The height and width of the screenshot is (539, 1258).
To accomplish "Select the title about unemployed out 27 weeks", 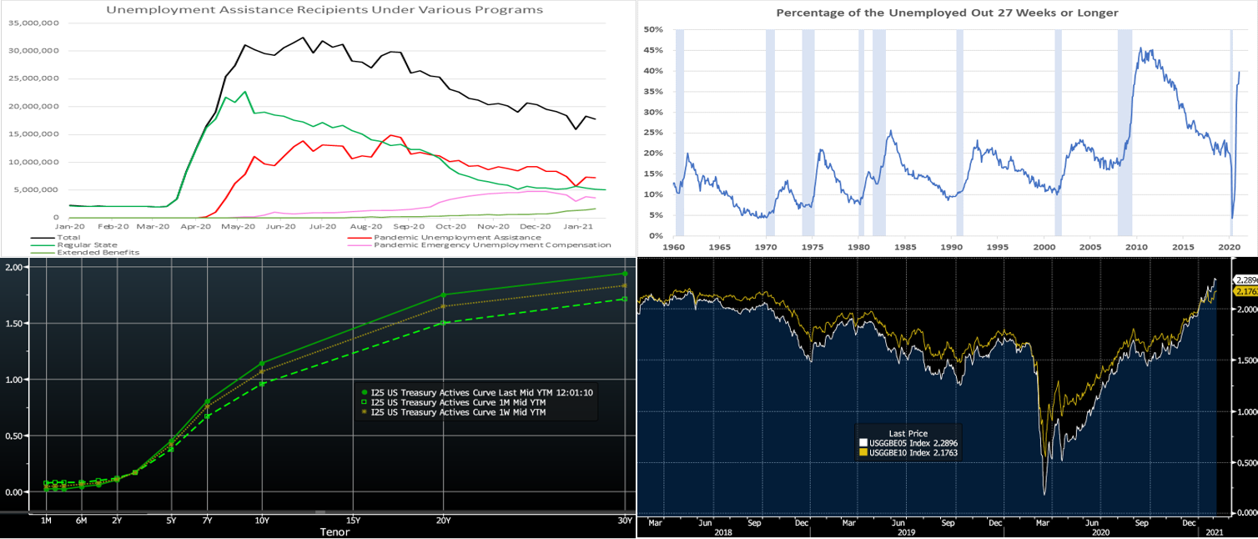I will point(947,13).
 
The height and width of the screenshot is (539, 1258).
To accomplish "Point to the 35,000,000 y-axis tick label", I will point(33,23).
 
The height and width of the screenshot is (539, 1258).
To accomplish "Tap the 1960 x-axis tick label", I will point(674,247).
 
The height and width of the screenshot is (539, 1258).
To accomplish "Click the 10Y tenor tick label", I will point(262,520).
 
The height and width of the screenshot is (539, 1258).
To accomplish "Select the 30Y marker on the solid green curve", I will point(625,274).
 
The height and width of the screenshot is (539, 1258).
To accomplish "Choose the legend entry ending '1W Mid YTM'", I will point(459,412).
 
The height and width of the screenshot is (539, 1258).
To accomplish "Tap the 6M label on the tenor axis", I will point(82,520).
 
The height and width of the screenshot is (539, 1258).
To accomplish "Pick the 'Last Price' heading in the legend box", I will point(908,433).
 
